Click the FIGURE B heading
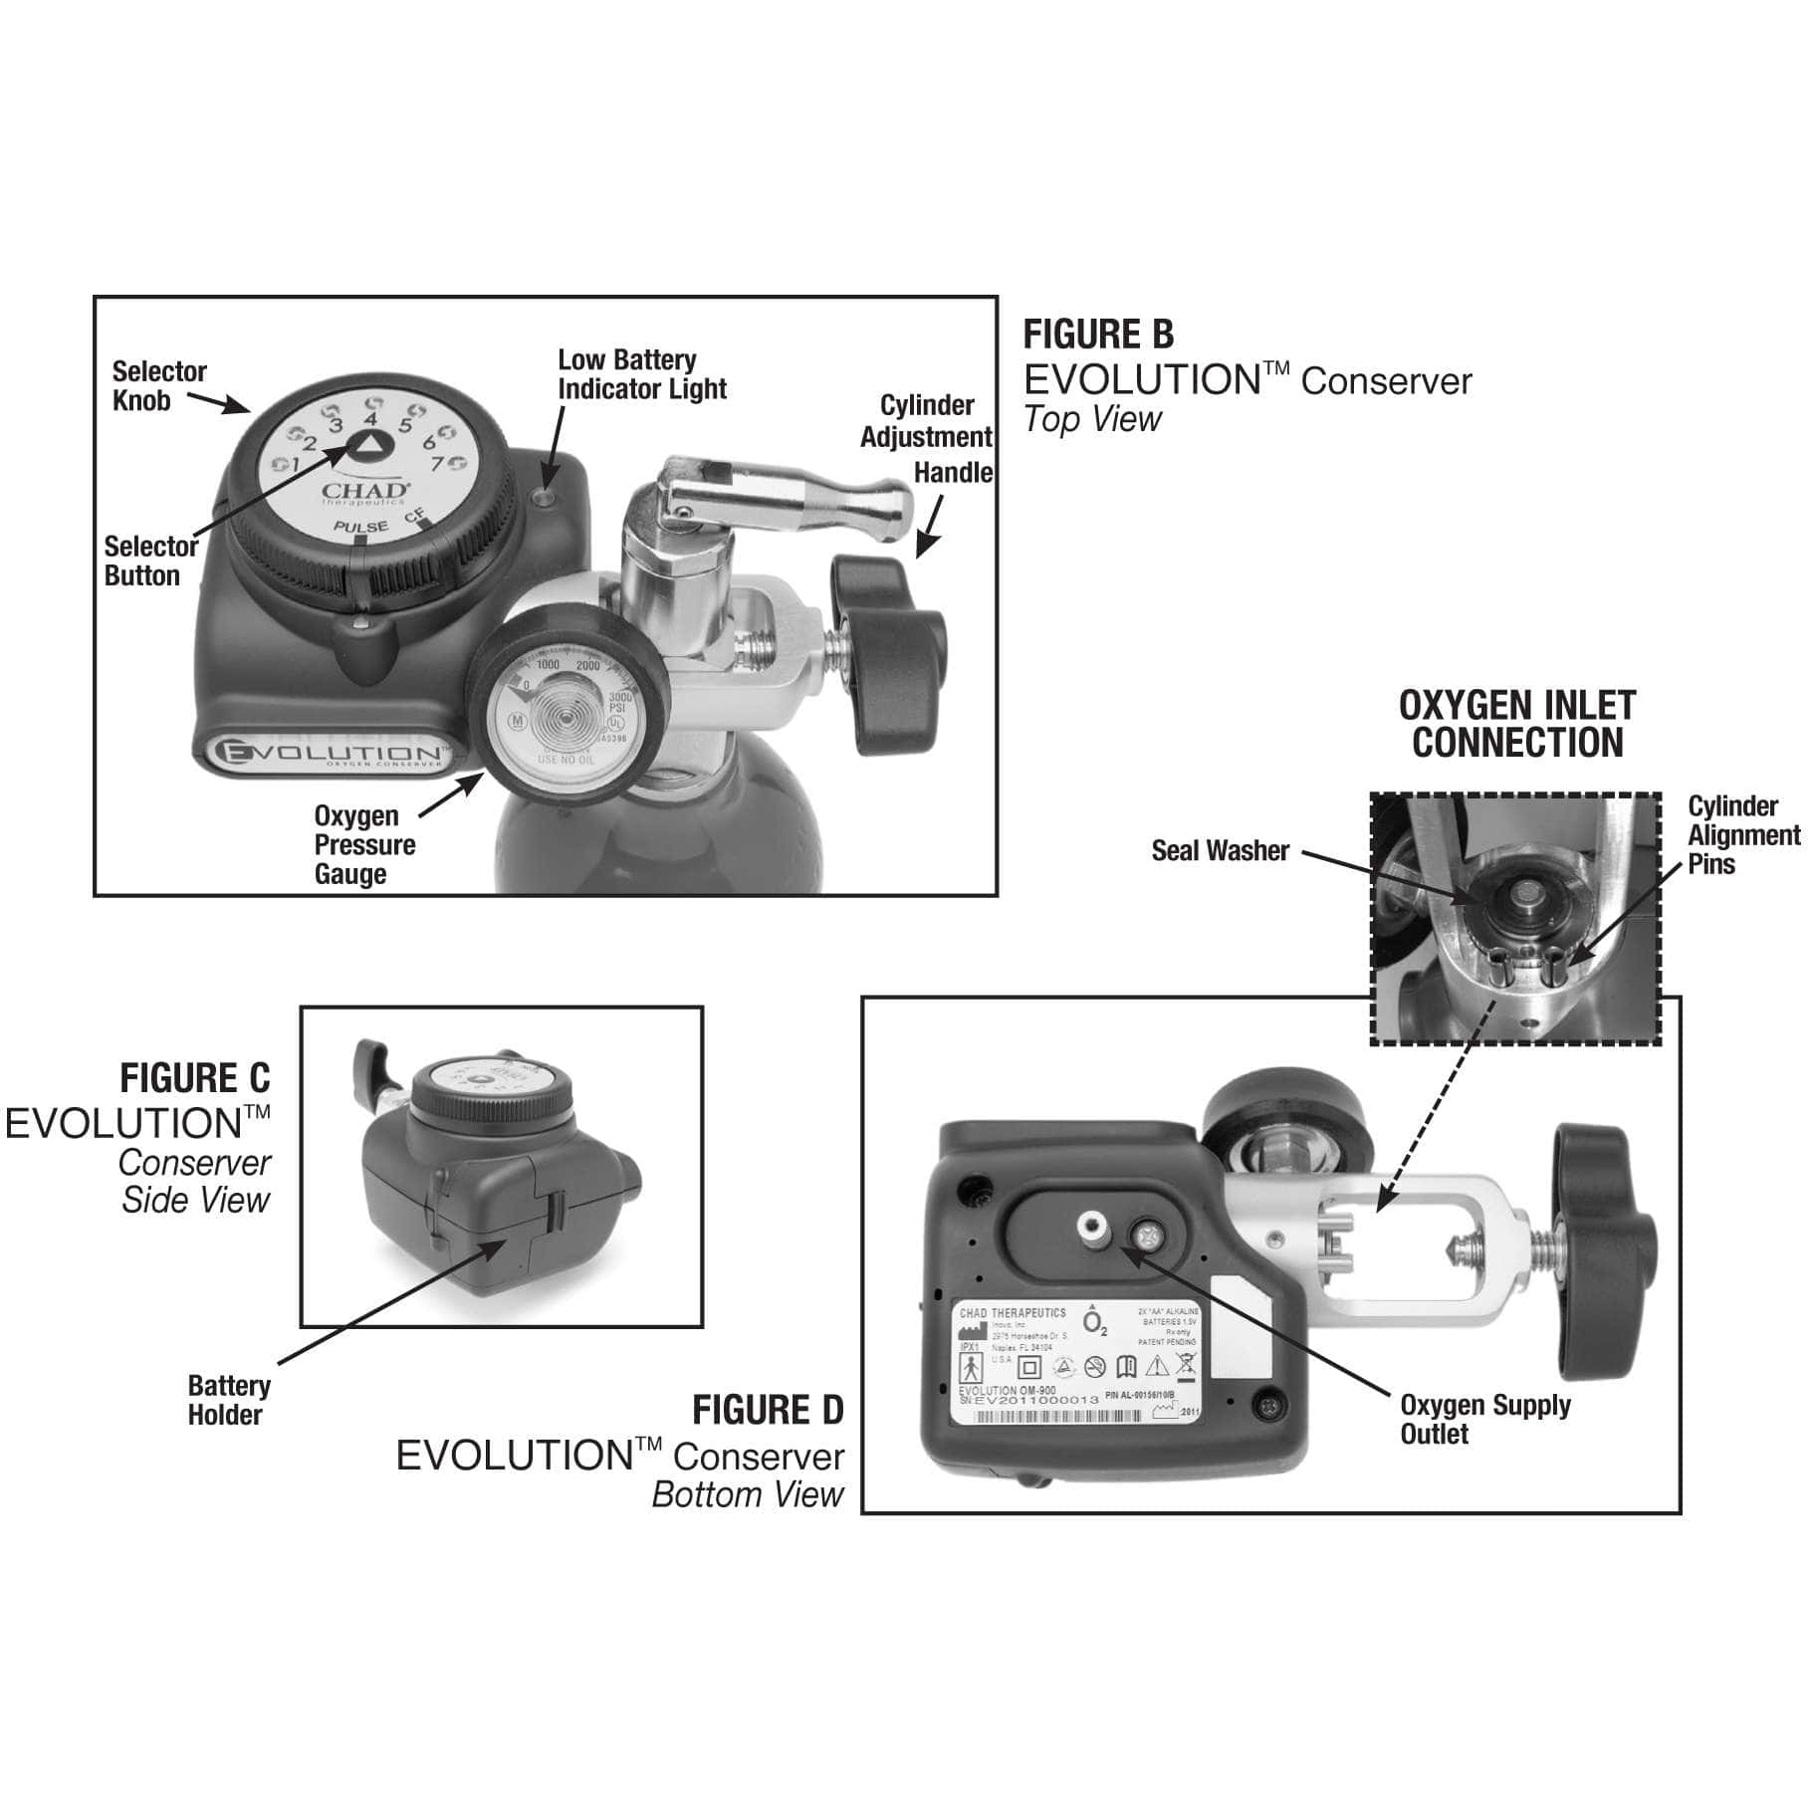point(1098,335)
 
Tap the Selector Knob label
point(158,386)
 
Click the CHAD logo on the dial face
point(364,491)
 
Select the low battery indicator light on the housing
point(544,495)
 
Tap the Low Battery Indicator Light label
point(640,374)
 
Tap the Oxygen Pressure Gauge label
point(363,844)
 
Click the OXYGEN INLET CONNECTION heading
point(1516,724)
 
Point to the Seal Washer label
point(1220,851)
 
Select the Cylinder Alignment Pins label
point(1741,834)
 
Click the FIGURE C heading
point(194,1078)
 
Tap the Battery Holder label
point(228,1400)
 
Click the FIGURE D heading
point(768,1411)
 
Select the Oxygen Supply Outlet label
point(1484,1419)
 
